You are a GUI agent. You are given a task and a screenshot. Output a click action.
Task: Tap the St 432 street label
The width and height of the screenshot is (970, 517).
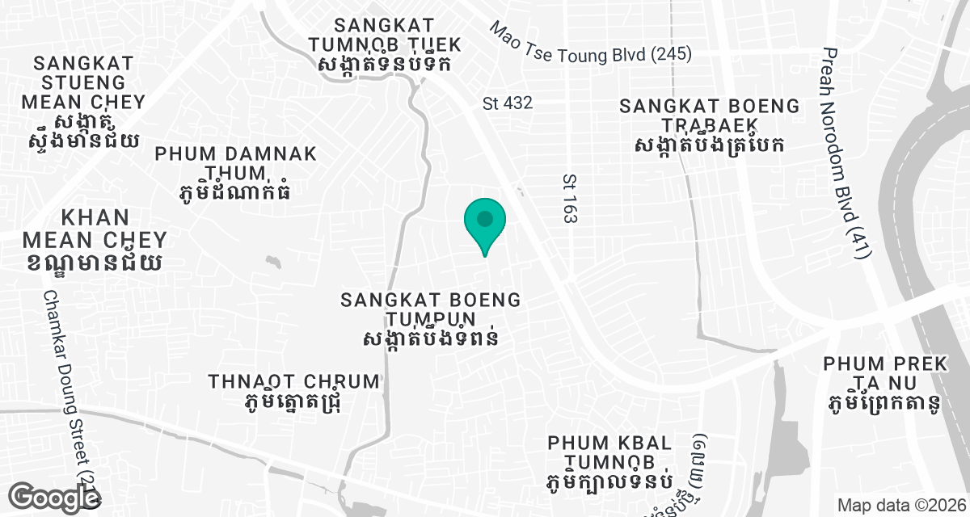[x=508, y=103]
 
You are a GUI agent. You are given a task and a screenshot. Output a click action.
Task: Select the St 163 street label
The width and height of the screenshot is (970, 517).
[x=569, y=197]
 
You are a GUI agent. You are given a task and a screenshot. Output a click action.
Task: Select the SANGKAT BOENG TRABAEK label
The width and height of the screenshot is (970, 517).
[x=709, y=125]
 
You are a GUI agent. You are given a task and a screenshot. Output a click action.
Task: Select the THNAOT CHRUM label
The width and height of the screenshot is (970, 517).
[x=293, y=391]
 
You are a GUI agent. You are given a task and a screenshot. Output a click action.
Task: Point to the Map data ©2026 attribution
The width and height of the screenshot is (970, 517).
[x=900, y=506]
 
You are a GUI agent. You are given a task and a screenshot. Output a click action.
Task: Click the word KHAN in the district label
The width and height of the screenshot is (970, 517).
[x=95, y=218]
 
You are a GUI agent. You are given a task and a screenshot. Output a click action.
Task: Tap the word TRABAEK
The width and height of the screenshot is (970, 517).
[x=709, y=125]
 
